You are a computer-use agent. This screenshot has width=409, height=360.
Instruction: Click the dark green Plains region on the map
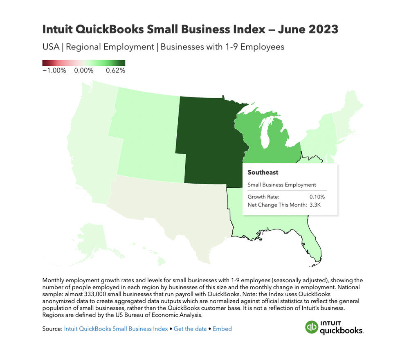tap(209, 139)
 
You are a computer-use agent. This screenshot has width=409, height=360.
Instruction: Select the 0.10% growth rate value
tap(317, 197)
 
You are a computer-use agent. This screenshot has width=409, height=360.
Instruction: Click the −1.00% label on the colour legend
tap(54, 70)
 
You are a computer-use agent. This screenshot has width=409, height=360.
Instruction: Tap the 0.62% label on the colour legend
tap(115, 70)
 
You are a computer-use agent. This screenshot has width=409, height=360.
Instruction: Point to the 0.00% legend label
tap(84, 70)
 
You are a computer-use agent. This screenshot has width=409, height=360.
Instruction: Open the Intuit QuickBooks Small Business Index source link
tap(116, 328)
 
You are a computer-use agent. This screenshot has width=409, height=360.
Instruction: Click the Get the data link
tap(190, 328)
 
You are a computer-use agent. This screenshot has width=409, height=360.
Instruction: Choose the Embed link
tap(222, 328)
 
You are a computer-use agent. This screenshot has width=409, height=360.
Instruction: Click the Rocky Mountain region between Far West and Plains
tap(147, 139)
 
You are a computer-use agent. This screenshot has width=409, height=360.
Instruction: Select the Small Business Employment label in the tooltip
tap(282, 185)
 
